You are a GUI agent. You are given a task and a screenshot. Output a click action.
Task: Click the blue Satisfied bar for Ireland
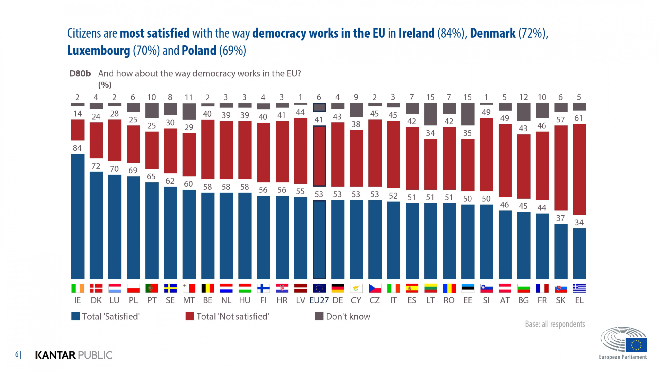77,216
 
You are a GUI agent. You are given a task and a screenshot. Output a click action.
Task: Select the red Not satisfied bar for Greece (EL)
579,169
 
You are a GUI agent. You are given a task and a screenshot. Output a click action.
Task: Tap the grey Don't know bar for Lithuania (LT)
430,114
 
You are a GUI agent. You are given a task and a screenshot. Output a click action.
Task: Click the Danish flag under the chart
96,288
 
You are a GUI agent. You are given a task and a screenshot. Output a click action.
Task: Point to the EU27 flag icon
319,288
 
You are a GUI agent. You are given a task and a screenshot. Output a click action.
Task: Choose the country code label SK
561,300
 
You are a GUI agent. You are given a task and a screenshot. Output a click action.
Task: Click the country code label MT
189,300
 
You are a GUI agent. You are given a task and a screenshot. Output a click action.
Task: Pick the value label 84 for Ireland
77,148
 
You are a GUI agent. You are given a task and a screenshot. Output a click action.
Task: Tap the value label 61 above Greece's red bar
579,118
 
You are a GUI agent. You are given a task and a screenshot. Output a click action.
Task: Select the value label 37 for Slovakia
560,218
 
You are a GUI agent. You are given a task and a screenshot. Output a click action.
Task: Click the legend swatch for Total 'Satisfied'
75,316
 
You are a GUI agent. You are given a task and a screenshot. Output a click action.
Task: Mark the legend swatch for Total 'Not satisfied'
189,316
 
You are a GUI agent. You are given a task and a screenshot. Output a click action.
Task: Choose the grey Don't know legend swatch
319,316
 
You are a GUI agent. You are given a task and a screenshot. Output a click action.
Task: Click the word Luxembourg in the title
99,50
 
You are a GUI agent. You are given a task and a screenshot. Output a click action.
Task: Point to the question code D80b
80,74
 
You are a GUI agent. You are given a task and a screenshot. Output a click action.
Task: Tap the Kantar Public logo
74,355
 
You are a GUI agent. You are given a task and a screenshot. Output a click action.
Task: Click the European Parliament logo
623,343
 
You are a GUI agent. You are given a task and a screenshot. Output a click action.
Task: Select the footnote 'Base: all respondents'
555,324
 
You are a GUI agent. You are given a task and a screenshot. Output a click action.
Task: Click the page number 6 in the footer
17,355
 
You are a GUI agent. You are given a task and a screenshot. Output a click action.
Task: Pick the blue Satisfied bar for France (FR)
542,246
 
